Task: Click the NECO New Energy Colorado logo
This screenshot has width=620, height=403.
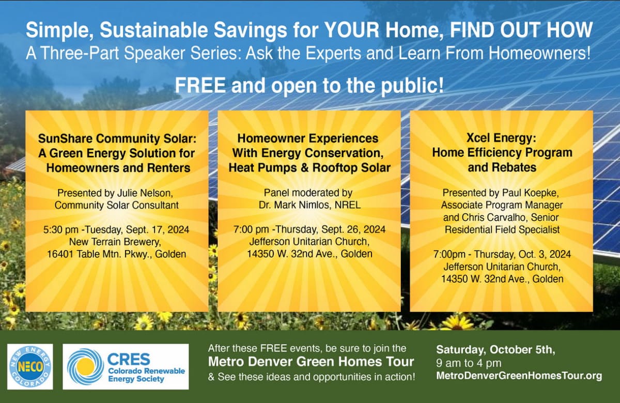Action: point(30,367)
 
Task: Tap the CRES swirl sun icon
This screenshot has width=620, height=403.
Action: point(85,367)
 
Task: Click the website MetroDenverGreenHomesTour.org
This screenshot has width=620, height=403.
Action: point(519,376)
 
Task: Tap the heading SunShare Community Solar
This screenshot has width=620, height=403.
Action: point(117,138)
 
